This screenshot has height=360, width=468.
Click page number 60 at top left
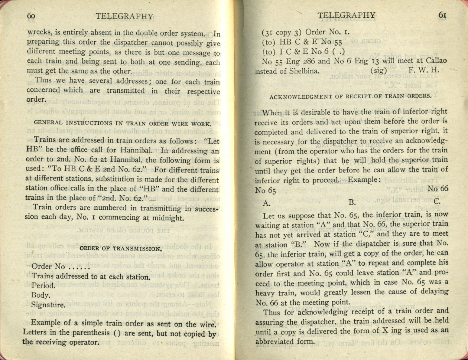pos(31,16)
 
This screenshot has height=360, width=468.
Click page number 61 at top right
pos(442,15)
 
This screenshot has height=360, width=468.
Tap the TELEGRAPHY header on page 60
pos(124,16)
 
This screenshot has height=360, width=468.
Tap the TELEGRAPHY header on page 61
pos(347,15)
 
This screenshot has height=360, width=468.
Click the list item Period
pos(43,286)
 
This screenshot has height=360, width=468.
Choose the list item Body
pos(41,296)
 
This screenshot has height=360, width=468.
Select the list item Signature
pos(48,305)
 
